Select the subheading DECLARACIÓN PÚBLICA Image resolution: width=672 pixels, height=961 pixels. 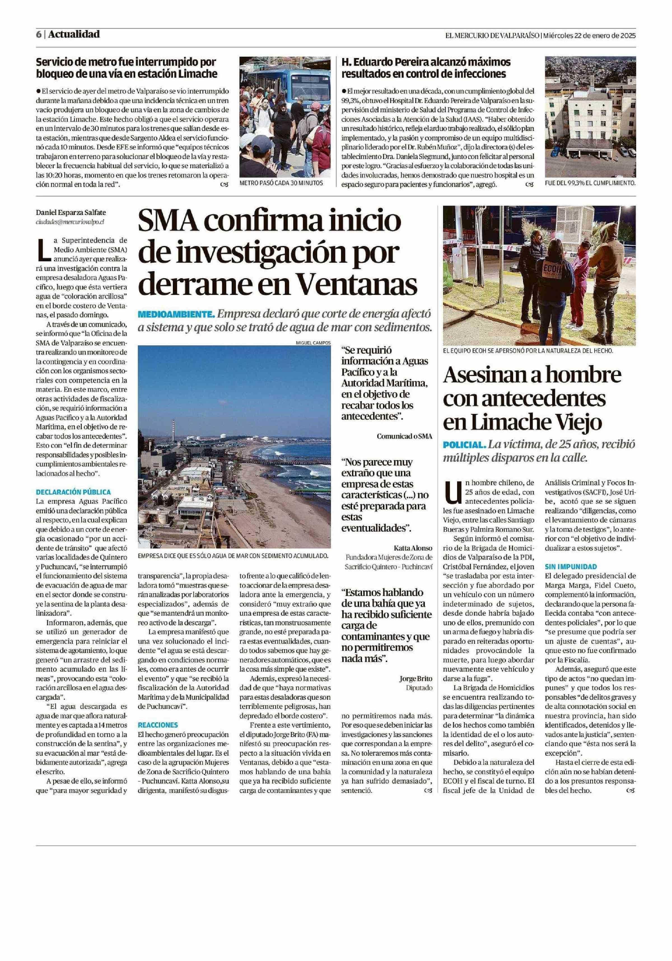coord(73,492)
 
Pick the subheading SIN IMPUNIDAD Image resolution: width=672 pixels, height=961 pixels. coord(571,567)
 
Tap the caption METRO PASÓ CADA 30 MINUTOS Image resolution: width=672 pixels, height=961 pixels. coord(281,183)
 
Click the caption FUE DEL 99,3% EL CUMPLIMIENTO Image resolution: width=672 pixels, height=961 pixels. coord(590,183)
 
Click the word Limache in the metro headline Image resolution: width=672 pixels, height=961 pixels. coord(197,74)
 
